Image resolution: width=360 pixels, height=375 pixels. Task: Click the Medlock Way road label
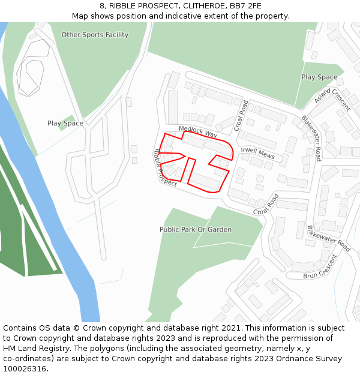coord(198,131)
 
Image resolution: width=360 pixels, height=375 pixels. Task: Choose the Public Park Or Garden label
coord(196,230)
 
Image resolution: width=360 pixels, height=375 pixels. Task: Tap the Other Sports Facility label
coord(95,35)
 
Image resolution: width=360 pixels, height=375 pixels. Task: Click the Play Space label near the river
coord(65,124)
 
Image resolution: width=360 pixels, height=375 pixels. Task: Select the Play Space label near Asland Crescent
coord(319,77)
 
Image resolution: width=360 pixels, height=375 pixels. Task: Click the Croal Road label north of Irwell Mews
coord(241,115)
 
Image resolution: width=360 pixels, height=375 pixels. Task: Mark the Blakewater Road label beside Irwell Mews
coord(311,138)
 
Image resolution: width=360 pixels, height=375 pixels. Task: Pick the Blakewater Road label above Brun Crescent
coord(328,238)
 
